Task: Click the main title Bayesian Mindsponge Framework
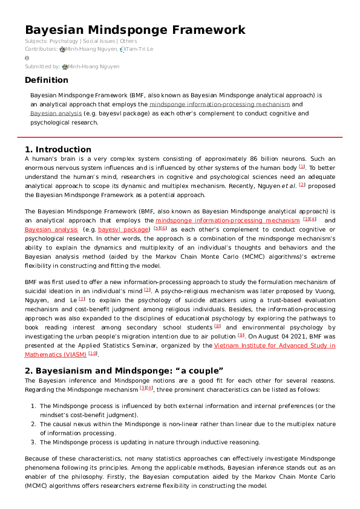135,30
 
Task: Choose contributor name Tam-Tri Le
140,48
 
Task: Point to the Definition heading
47,80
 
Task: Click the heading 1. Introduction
58,149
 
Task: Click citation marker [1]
302,166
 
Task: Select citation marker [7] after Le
82,299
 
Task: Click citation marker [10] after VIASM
93,354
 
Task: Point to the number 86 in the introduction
239,158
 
